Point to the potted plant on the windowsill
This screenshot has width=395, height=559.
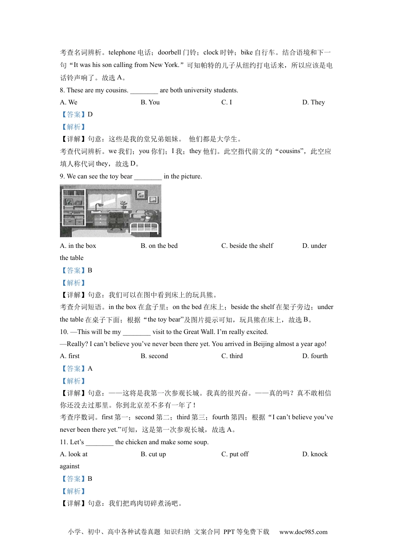tap(123, 204)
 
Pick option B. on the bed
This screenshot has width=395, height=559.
tap(159, 246)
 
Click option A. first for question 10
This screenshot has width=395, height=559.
tap(69, 356)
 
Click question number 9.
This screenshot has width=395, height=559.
tap(62, 176)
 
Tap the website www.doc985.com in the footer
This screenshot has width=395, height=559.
tap(303, 532)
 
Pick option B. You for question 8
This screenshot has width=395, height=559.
tap(150, 102)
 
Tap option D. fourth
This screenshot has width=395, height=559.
tap(315, 356)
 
